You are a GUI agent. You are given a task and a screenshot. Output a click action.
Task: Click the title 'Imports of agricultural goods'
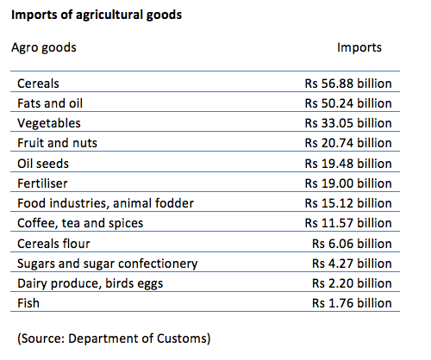tap(97, 16)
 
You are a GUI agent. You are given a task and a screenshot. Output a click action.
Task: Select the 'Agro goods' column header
tap(44, 48)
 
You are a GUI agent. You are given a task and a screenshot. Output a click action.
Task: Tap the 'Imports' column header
tap(359, 47)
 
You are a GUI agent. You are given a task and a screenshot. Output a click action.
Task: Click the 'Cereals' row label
tap(38, 84)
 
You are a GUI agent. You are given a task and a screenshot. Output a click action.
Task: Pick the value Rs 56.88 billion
tap(348, 84)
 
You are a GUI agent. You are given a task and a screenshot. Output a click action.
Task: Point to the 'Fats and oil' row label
tap(50, 103)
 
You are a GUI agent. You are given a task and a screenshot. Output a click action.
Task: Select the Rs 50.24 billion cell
tap(348, 103)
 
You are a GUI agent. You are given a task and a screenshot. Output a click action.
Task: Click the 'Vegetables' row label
tap(49, 123)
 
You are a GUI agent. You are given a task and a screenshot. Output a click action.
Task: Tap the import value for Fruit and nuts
tap(348, 143)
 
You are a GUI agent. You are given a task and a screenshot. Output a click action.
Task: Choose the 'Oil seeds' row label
tap(43, 164)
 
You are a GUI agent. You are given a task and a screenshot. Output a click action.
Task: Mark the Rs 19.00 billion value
tap(348, 183)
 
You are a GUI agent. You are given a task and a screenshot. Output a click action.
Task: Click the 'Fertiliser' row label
tap(42, 183)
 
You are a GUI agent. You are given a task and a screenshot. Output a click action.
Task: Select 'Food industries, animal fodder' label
tap(106, 203)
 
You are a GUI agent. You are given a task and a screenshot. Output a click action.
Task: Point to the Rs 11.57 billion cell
tap(348, 223)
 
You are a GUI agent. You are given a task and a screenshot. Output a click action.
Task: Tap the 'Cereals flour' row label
tap(53, 244)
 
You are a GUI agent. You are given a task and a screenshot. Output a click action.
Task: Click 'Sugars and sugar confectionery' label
tap(108, 264)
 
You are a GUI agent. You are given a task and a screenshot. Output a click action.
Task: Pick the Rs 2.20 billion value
tap(352, 283)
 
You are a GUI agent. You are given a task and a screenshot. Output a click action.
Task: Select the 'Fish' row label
tap(28, 303)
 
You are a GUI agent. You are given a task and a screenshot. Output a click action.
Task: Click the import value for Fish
tap(352, 303)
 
